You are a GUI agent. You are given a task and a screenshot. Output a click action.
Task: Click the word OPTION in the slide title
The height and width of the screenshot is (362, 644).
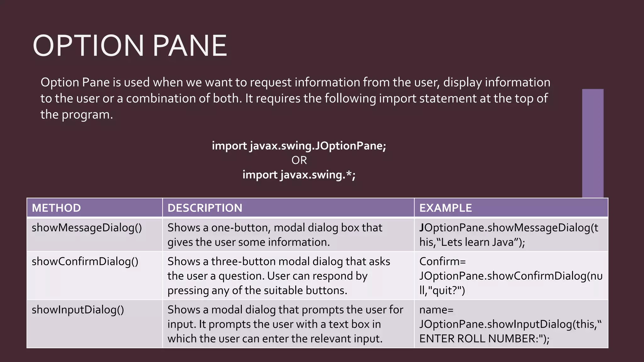tap(88, 46)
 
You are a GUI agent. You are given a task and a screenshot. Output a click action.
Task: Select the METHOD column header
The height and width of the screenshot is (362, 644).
tap(56, 208)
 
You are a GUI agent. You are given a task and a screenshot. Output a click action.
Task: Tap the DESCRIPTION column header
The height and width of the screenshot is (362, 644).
tap(205, 208)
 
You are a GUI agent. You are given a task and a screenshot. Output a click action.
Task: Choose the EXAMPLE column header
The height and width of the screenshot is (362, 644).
tap(445, 208)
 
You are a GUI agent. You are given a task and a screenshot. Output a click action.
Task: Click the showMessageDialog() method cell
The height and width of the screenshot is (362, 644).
tap(87, 228)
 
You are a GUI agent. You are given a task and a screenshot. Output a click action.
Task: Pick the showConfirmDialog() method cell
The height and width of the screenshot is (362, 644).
tap(85, 261)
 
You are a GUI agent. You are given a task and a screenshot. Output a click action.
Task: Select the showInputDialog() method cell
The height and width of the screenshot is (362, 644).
tap(78, 310)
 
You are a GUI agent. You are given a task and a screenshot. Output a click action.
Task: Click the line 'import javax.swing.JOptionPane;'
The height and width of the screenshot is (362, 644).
tap(299, 146)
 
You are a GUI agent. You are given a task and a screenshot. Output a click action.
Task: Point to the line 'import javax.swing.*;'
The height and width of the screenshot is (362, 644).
tap(299, 175)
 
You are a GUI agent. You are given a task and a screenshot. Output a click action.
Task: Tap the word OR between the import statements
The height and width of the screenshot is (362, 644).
tap(299, 161)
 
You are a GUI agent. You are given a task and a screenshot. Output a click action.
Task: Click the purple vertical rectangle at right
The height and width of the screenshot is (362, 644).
tap(592, 143)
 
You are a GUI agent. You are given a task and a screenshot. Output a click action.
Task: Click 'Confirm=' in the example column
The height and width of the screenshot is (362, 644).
tap(442, 261)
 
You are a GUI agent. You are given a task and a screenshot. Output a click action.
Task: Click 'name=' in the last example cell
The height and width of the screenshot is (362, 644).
tap(436, 310)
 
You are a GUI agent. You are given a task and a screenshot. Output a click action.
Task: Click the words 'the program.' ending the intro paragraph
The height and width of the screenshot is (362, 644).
tap(76, 115)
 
